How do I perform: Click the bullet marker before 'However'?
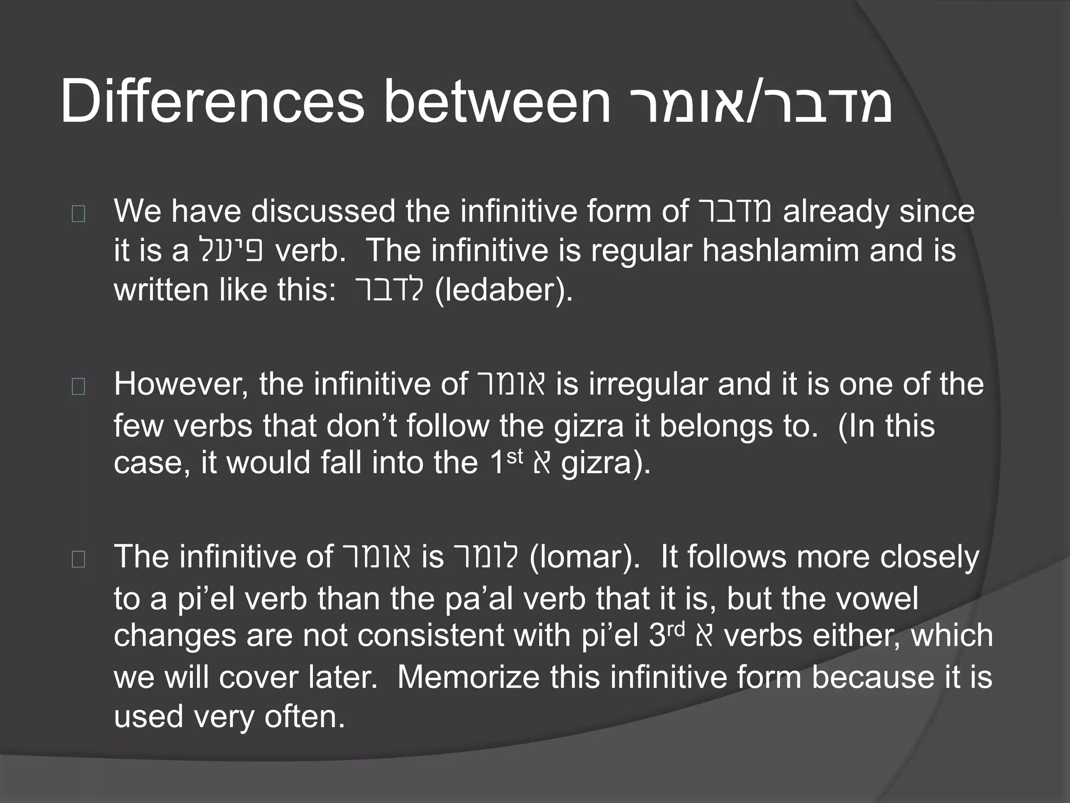pyautogui.click(x=78, y=387)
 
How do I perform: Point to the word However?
pyautogui.click(x=181, y=385)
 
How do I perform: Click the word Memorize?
pyautogui.click(x=468, y=677)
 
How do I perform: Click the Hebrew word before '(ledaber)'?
pyautogui.click(x=389, y=290)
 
